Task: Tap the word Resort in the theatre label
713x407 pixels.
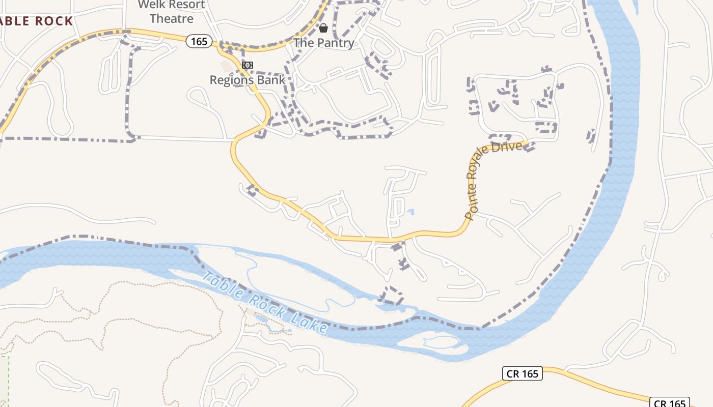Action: click(187, 5)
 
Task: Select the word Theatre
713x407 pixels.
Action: click(172, 19)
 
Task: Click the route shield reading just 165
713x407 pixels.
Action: click(199, 41)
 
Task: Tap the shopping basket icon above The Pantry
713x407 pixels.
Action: click(323, 27)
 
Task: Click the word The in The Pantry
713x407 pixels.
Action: click(304, 43)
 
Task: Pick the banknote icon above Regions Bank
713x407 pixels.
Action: click(248, 65)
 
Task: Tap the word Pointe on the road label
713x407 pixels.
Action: click(470, 206)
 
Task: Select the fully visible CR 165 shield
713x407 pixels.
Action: click(523, 374)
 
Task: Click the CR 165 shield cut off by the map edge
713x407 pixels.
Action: click(670, 403)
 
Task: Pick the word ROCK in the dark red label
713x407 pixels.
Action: click(54, 21)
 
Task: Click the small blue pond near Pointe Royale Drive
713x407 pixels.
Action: click(410, 212)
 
